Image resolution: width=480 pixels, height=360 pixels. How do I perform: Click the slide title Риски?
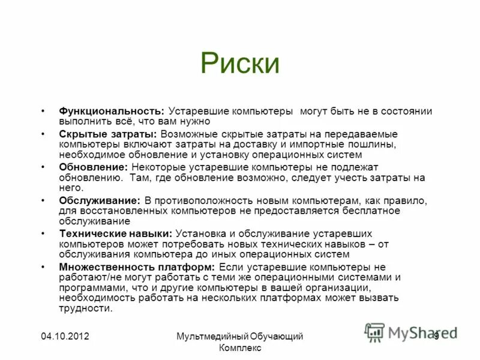[239, 64]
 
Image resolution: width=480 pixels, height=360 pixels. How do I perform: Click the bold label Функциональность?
[111, 112]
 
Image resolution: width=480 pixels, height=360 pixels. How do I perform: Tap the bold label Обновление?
[93, 167]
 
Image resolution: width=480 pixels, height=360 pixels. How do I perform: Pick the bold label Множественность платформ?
[137, 266]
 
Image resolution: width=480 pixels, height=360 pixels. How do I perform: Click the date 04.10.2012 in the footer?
[65, 337]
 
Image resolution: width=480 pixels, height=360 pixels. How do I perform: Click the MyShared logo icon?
[374, 332]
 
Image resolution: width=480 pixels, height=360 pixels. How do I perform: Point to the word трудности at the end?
[85, 309]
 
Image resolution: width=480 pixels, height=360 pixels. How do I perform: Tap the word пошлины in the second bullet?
[371, 145]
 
